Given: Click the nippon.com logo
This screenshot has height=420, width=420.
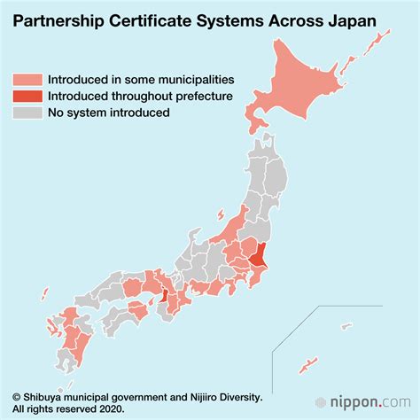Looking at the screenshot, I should [369, 402].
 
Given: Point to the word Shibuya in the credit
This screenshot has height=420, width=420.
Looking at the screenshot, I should [44, 397].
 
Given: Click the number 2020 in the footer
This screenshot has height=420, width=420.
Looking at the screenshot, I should [110, 409].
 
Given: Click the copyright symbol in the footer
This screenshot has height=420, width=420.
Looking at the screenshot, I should [15, 397].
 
